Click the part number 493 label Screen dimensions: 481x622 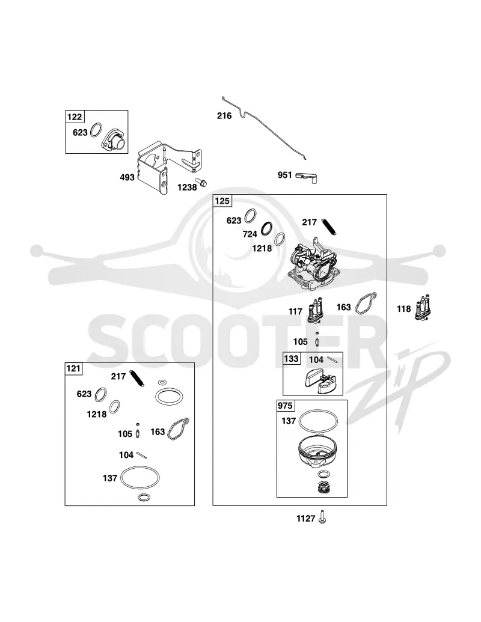tap(127, 177)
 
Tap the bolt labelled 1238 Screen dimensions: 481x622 tap(203, 183)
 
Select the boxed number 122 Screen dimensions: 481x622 tap(74, 117)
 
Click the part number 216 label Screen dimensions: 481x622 tap(224, 116)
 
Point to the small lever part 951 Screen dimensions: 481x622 tap(307, 177)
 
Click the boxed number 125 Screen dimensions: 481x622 tap(222, 201)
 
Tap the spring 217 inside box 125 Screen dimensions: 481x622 tap(329, 227)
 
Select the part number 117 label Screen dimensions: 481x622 tap(295, 311)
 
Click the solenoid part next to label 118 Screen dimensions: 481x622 tap(424, 308)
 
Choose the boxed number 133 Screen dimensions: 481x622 tap(291, 359)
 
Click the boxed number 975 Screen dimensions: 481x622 tap(286, 406)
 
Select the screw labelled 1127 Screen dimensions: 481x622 tap(322, 517)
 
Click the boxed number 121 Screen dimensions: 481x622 tap(73, 368)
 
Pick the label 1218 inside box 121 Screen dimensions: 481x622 tap(97, 414)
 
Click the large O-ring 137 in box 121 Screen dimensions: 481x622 tap(139, 478)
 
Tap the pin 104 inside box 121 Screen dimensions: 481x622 tap(142, 455)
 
